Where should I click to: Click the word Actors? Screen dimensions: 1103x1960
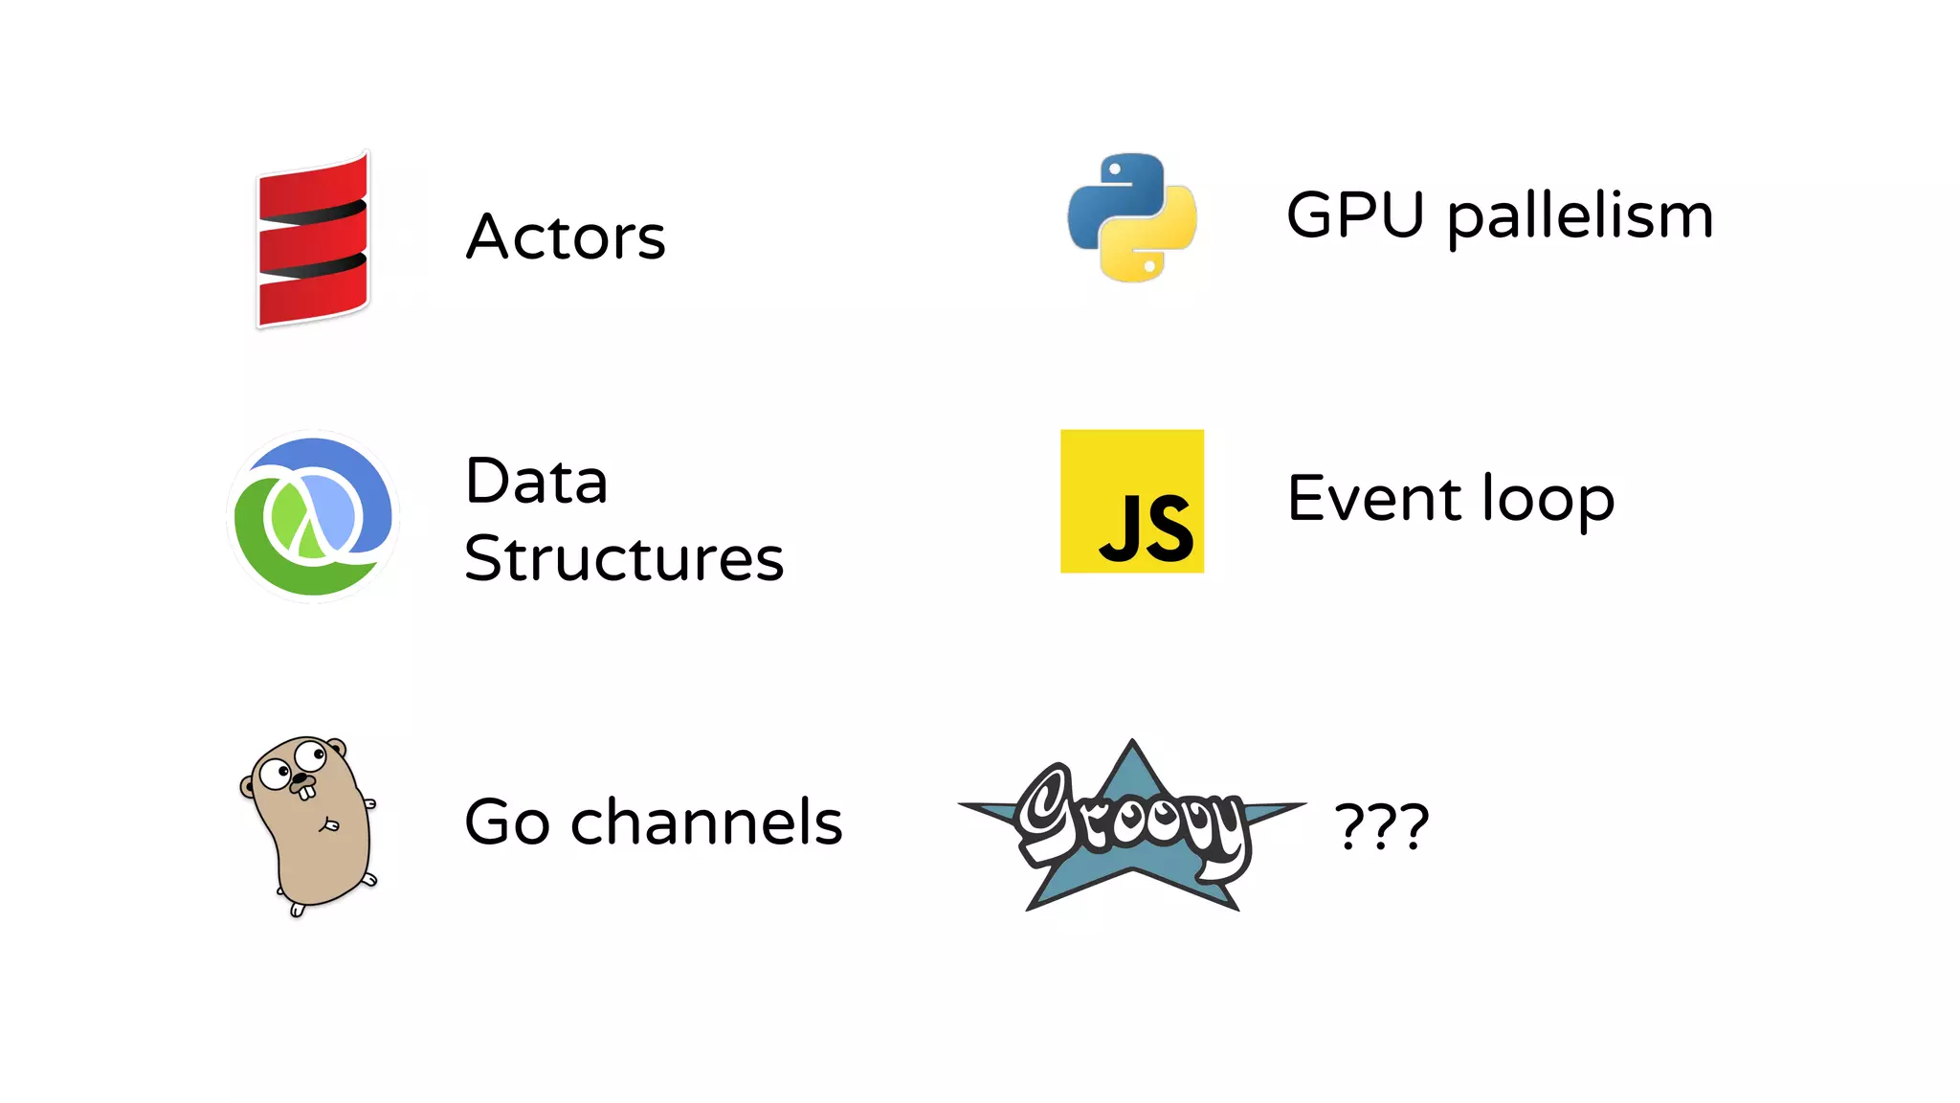pyautogui.click(x=565, y=236)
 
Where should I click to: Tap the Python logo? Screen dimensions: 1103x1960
pyautogui.click(x=1131, y=217)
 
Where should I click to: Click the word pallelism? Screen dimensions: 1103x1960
pyautogui.click(x=1579, y=216)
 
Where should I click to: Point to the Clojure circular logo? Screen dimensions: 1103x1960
pyautogui.click(x=313, y=516)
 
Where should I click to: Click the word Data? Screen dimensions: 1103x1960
pyautogui.click(x=536, y=481)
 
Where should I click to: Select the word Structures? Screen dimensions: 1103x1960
pyautogui.click(x=624, y=558)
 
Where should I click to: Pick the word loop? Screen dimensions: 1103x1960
pyautogui.click(x=1548, y=500)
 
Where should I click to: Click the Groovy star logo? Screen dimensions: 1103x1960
pyautogui.click(x=1132, y=825)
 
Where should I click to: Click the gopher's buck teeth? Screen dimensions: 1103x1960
pyautogui.click(x=305, y=793)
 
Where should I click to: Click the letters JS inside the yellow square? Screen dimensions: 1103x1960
pyautogui.click(x=1146, y=529)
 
